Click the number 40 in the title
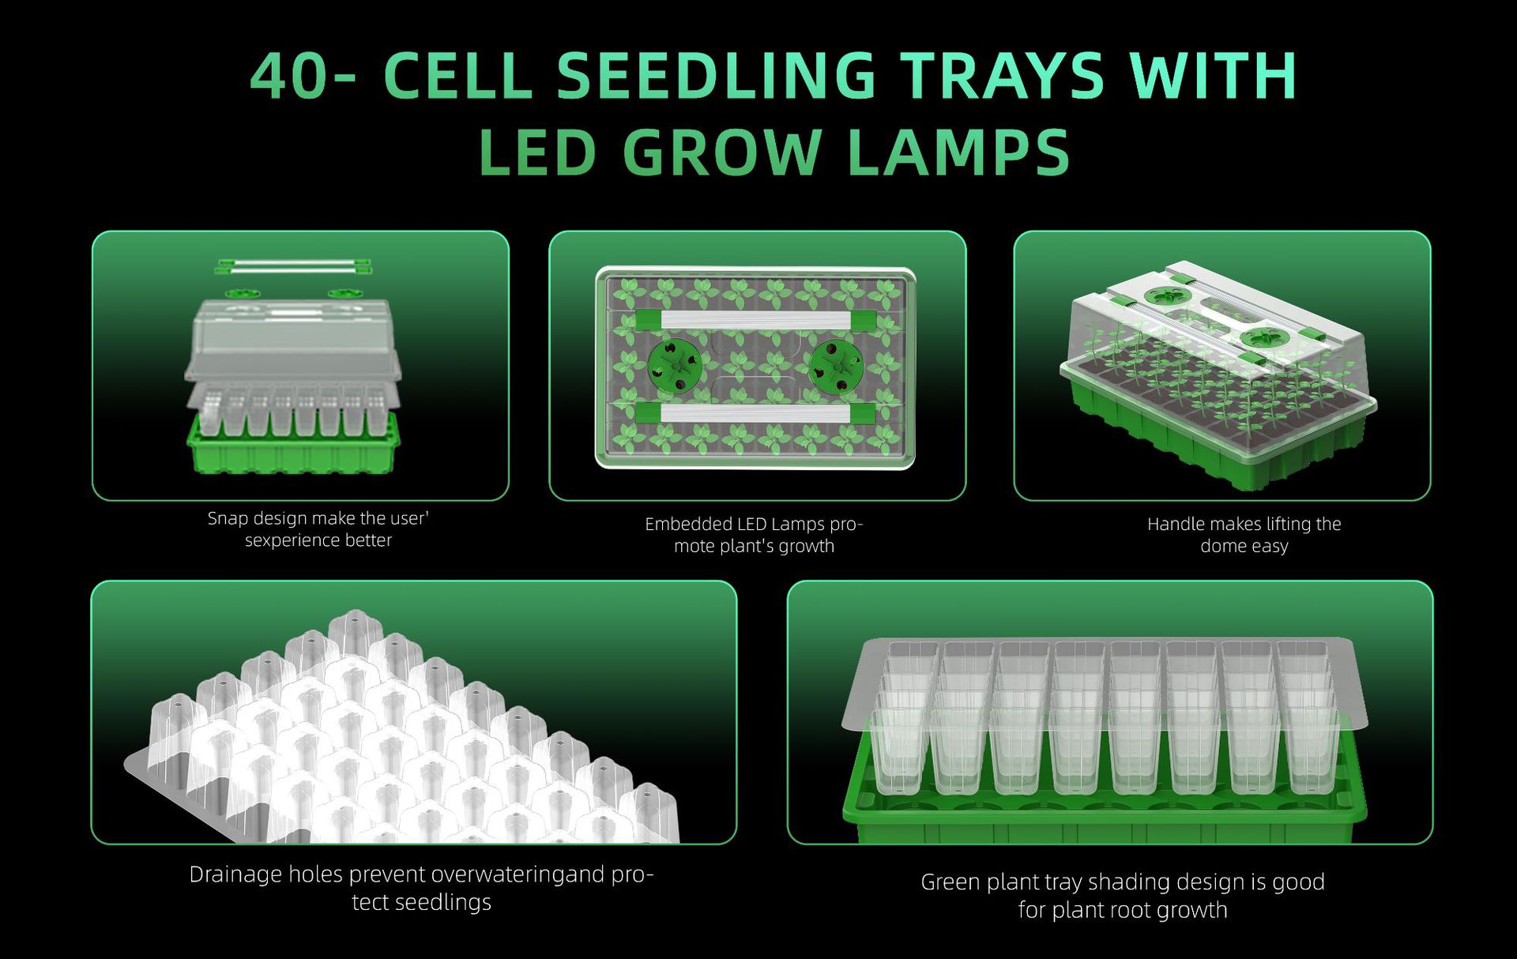click(x=287, y=76)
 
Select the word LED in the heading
click(x=536, y=152)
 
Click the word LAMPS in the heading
click(x=958, y=152)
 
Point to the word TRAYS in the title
click(x=1003, y=76)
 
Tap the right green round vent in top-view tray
click(x=836, y=367)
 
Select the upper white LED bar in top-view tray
click(x=755, y=320)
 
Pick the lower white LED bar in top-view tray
click(x=755, y=414)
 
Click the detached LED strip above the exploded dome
click(x=294, y=267)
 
